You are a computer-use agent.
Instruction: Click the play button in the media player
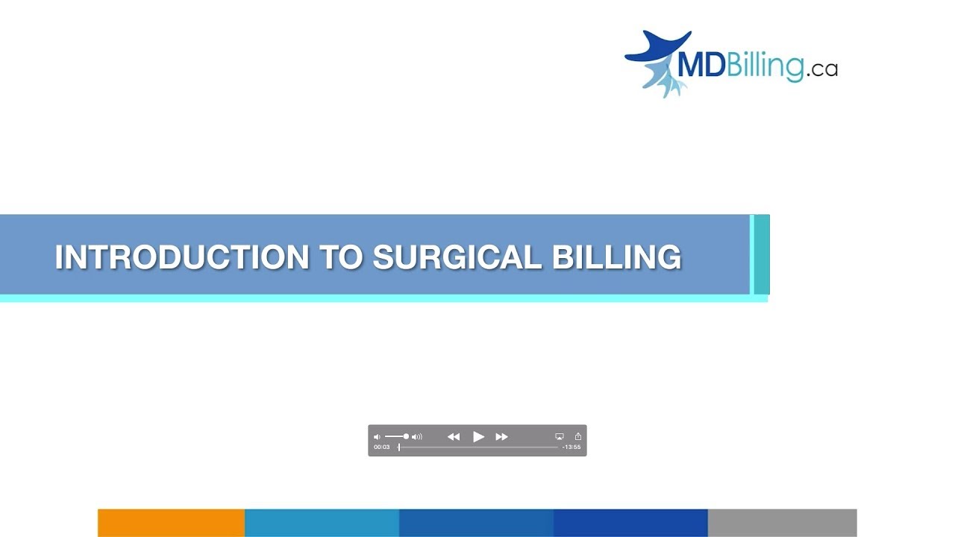coord(479,437)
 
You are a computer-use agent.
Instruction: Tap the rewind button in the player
coord(454,437)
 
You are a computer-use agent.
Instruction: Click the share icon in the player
coord(577,436)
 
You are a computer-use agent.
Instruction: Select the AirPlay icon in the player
coord(560,436)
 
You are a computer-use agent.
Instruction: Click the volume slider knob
coord(406,436)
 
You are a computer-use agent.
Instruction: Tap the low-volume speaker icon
coord(377,437)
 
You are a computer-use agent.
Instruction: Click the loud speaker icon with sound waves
coord(417,437)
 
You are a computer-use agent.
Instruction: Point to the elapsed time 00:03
coord(382,447)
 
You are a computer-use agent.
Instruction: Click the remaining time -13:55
coord(572,447)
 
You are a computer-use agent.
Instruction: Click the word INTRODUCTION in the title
coord(181,257)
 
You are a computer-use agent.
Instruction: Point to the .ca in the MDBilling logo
coord(821,70)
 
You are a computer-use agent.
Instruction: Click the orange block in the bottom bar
coord(171,523)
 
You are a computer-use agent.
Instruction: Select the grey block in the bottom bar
coord(782,523)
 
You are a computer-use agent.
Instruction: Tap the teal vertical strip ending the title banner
coord(761,254)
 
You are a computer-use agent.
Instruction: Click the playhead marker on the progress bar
coord(399,447)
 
